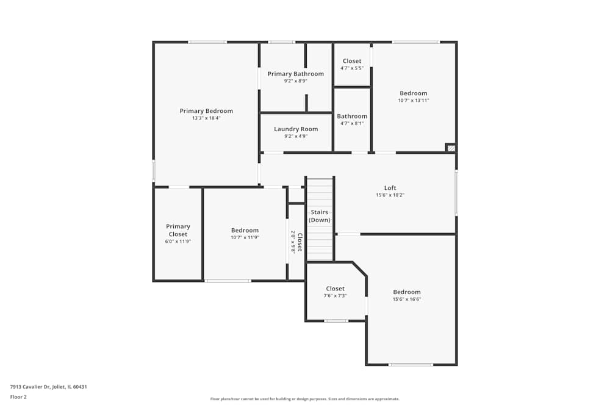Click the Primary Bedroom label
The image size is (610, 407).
206,111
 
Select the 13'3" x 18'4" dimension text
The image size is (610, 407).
206,118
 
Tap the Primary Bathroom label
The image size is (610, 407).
296,74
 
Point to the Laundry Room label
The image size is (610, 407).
296,129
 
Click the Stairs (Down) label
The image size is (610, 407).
320,216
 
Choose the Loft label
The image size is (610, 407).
390,188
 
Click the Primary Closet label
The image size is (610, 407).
178,230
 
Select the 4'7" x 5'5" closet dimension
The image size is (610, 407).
352,68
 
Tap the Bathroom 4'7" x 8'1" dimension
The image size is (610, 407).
352,123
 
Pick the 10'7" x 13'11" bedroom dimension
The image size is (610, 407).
414,101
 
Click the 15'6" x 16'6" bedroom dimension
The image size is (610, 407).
407,299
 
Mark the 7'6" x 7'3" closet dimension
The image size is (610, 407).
335,296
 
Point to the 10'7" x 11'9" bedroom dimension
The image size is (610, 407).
245,237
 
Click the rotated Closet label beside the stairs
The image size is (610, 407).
300,242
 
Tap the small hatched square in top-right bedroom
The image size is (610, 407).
450,148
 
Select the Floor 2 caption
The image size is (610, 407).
18,397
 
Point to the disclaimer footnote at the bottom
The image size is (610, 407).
304,399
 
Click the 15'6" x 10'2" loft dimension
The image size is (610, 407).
390,195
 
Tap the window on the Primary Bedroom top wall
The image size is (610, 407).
207,42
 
